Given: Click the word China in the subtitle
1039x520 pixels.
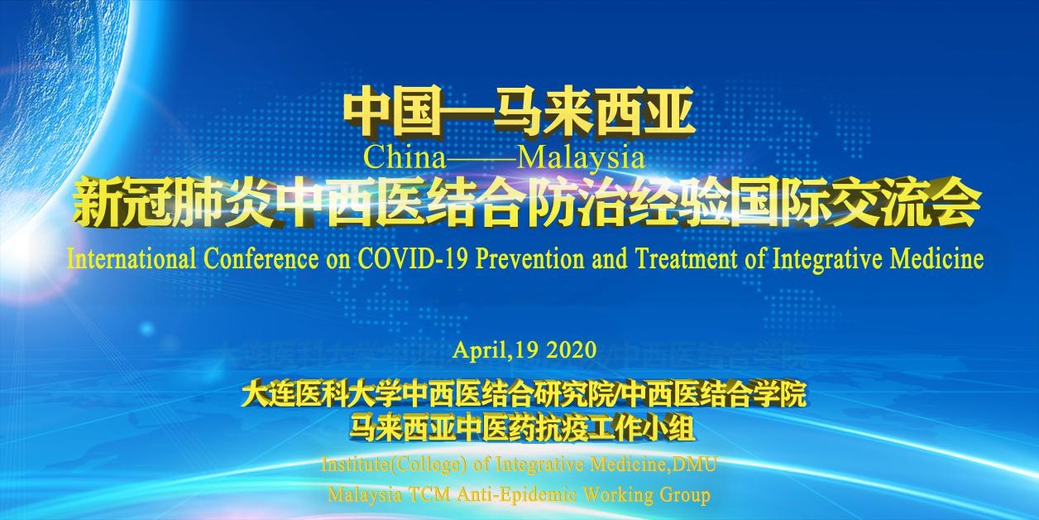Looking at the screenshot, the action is [x=405, y=158].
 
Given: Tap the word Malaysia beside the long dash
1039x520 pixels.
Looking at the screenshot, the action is [x=581, y=159].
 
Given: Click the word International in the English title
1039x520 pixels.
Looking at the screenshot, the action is [x=132, y=259].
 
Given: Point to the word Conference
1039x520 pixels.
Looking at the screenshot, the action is [x=261, y=259].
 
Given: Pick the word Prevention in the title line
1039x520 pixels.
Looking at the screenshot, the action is [x=529, y=259].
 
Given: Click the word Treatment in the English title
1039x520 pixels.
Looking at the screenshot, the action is [x=686, y=259].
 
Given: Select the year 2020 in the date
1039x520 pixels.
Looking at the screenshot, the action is [x=571, y=349].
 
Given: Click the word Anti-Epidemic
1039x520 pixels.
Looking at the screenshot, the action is [x=517, y=495].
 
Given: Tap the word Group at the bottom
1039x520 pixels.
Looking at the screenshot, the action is [x=686, y=495].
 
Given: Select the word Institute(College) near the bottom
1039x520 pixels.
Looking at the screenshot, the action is [x=393, y=465].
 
